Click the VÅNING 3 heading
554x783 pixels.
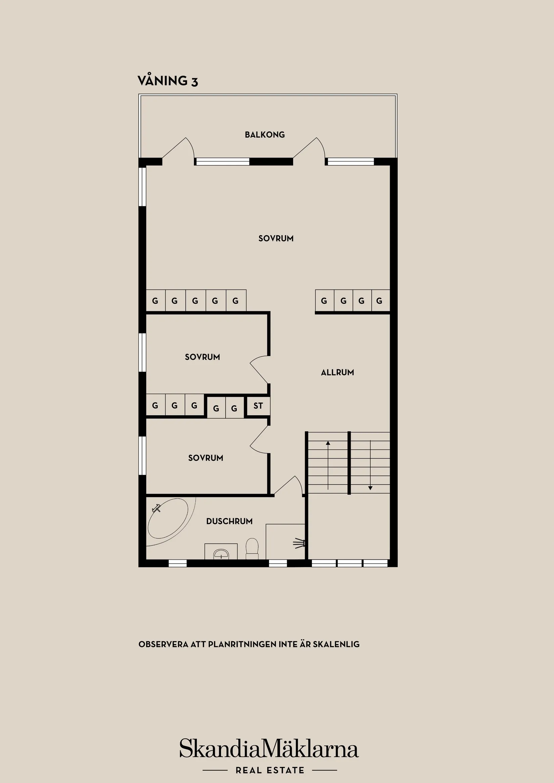(x=168, y=81)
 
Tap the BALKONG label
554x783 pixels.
(x=265, y=135)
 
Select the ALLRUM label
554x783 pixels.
(x=337, y=372)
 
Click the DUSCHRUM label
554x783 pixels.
(x=229, y=521)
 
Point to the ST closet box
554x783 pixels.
(x=258, y=406)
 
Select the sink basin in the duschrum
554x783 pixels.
(x=221, y=554)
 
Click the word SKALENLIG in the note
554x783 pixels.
(x=336, y=644)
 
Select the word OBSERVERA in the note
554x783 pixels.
(x=163, y=644)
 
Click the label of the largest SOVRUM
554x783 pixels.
(x=276, y=239)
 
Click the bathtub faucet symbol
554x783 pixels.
(x=157, y=509)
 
